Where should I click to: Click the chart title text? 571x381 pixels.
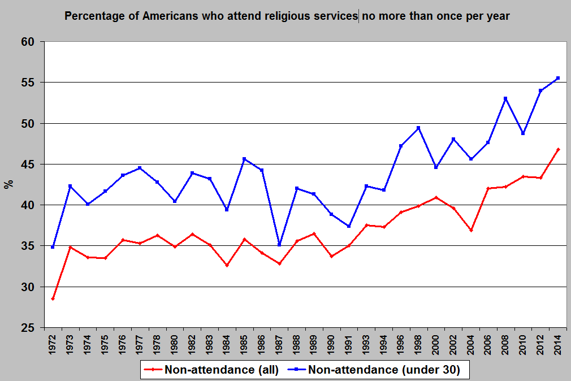click(x=287, y=16)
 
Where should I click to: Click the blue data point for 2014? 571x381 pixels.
click(x=558, y=78)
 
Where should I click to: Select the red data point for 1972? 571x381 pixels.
click(x=53, y=298)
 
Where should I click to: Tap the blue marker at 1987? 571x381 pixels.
click(x=279, y=245)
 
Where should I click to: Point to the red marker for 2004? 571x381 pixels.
click(x=471, y=230)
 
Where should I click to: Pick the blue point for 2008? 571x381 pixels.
click(x=505, y=98)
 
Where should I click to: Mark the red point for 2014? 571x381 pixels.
click(x=558, y=149)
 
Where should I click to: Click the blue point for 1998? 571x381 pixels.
click(x=418, y=128)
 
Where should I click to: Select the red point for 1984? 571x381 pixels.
click(x=227, y=265)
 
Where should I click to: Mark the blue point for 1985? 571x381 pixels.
click(x=244, y=159)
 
